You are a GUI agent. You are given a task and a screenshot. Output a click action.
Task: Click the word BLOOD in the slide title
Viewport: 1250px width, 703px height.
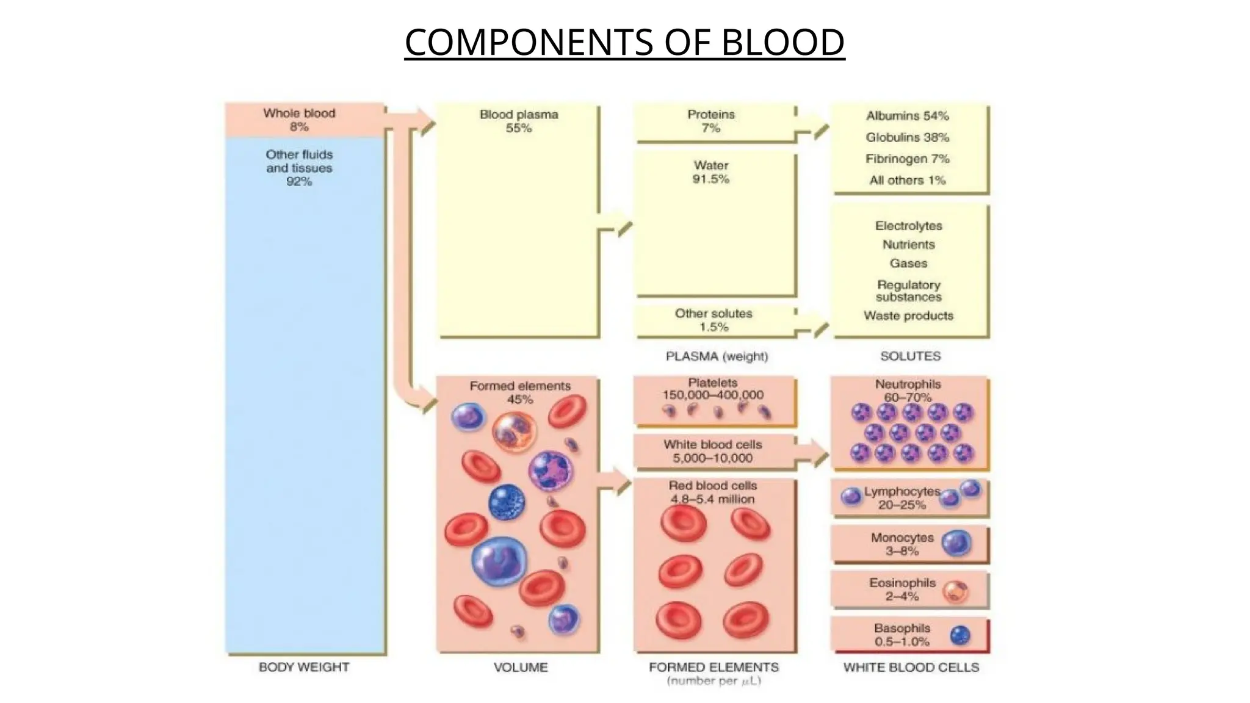[782, 43]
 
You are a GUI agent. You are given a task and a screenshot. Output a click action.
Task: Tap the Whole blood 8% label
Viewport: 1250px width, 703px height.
[299, 120]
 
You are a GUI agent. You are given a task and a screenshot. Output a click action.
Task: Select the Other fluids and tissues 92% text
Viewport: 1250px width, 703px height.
[299, 168]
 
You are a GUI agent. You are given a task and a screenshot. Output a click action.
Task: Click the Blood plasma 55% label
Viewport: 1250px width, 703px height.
[519, 121]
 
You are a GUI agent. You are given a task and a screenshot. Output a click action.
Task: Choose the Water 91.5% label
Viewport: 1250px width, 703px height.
[711, 172]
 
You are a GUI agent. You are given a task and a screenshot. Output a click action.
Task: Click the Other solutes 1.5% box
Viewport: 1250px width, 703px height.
[714, 320]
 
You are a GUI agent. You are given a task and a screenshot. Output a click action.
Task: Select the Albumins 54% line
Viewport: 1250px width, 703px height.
[907, 116]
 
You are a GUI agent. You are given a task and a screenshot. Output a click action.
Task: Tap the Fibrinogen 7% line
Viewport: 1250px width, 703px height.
[907, 159]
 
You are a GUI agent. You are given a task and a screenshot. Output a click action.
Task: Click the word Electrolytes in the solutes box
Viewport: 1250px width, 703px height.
[908, 226]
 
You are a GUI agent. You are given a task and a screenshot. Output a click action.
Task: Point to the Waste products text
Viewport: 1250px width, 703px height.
[908, 316]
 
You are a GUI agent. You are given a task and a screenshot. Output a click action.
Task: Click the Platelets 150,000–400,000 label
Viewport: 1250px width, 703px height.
[713, 389]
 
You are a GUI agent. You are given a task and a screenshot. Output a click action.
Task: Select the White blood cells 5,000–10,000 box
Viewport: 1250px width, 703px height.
[713, 452]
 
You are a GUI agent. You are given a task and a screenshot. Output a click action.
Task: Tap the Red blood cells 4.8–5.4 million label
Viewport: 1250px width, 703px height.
[713, 492]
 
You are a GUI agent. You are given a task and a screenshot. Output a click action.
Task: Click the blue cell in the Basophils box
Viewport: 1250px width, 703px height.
[960, 636]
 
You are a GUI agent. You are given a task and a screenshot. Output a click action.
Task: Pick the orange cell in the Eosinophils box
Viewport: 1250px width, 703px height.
[955, 591]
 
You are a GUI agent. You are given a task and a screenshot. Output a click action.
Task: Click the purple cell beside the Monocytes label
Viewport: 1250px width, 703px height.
[956, 543]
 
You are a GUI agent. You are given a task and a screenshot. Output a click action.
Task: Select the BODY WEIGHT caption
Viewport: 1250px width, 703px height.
[304, 667]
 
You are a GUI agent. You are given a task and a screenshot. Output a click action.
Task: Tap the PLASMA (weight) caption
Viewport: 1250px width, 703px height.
[717, 356]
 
